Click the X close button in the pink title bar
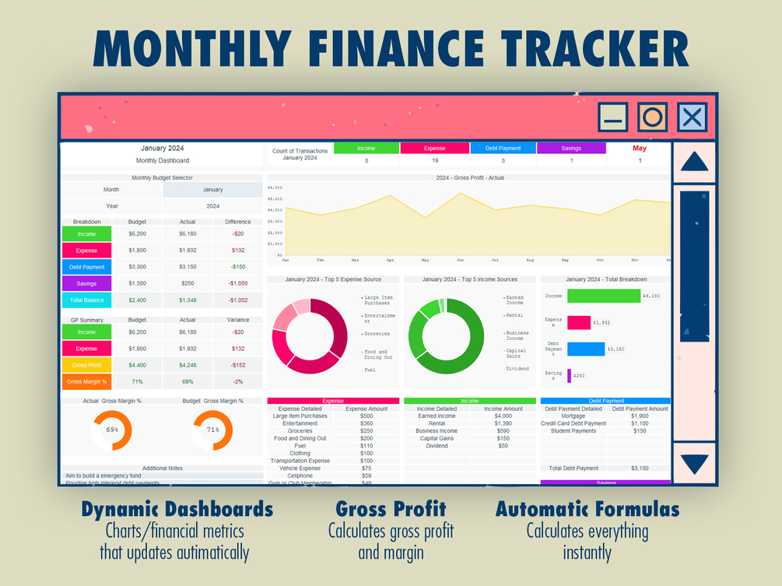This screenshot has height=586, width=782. [x=692, y=118]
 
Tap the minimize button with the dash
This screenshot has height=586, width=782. [x=613, y=118]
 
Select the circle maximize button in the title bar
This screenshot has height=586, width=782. [x=652, y=118]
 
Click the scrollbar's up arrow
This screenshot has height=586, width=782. [x=694, y=161]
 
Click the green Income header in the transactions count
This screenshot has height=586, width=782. [x=366, y=148]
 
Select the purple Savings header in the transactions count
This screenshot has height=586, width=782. [x=570, y=148]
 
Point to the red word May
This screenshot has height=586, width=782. [x=640, y=148]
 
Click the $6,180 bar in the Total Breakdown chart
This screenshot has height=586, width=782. [x=603, y=296]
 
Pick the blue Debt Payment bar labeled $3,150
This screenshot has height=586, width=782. [x=586, y=349]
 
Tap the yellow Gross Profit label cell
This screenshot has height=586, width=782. [x=86, y=365]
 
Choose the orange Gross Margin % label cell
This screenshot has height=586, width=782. [x=86, y=382]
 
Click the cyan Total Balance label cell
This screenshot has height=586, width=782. [x=86, y=300]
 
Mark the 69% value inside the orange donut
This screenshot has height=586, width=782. [x=112, y=430]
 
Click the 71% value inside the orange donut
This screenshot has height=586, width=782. [x=212, y=430]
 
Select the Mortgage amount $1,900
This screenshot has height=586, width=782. [x=639, y=416]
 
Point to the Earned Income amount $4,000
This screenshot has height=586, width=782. [x=503, y=416]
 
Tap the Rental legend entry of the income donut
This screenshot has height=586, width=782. [x=514, y=315]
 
